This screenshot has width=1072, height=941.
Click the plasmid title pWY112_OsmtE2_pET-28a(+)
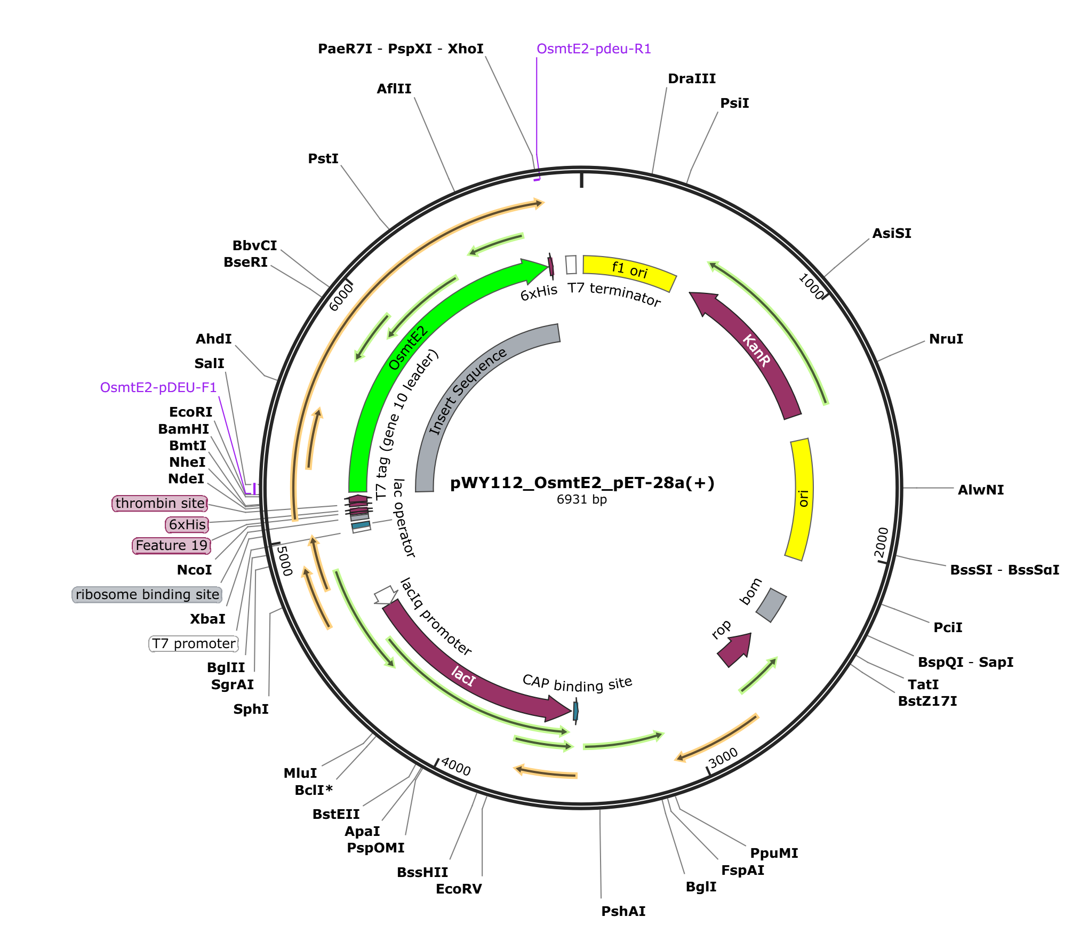582,483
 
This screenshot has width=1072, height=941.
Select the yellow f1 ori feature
629,270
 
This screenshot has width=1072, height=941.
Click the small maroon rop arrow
736,648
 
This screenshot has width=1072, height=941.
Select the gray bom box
771,605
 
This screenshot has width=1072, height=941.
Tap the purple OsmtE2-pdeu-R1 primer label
594,49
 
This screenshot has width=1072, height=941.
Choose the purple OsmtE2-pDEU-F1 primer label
158,387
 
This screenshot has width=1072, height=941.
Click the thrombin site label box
160,503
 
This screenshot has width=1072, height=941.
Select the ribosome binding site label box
147,594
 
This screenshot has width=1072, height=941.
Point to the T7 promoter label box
194,643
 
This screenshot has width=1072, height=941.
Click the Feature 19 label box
171,545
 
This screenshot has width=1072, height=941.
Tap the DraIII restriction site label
692,79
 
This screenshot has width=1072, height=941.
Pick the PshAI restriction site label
623,911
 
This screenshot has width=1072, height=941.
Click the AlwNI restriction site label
980,490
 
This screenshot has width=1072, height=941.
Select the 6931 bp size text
581,499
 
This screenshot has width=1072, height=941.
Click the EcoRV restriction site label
459,889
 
